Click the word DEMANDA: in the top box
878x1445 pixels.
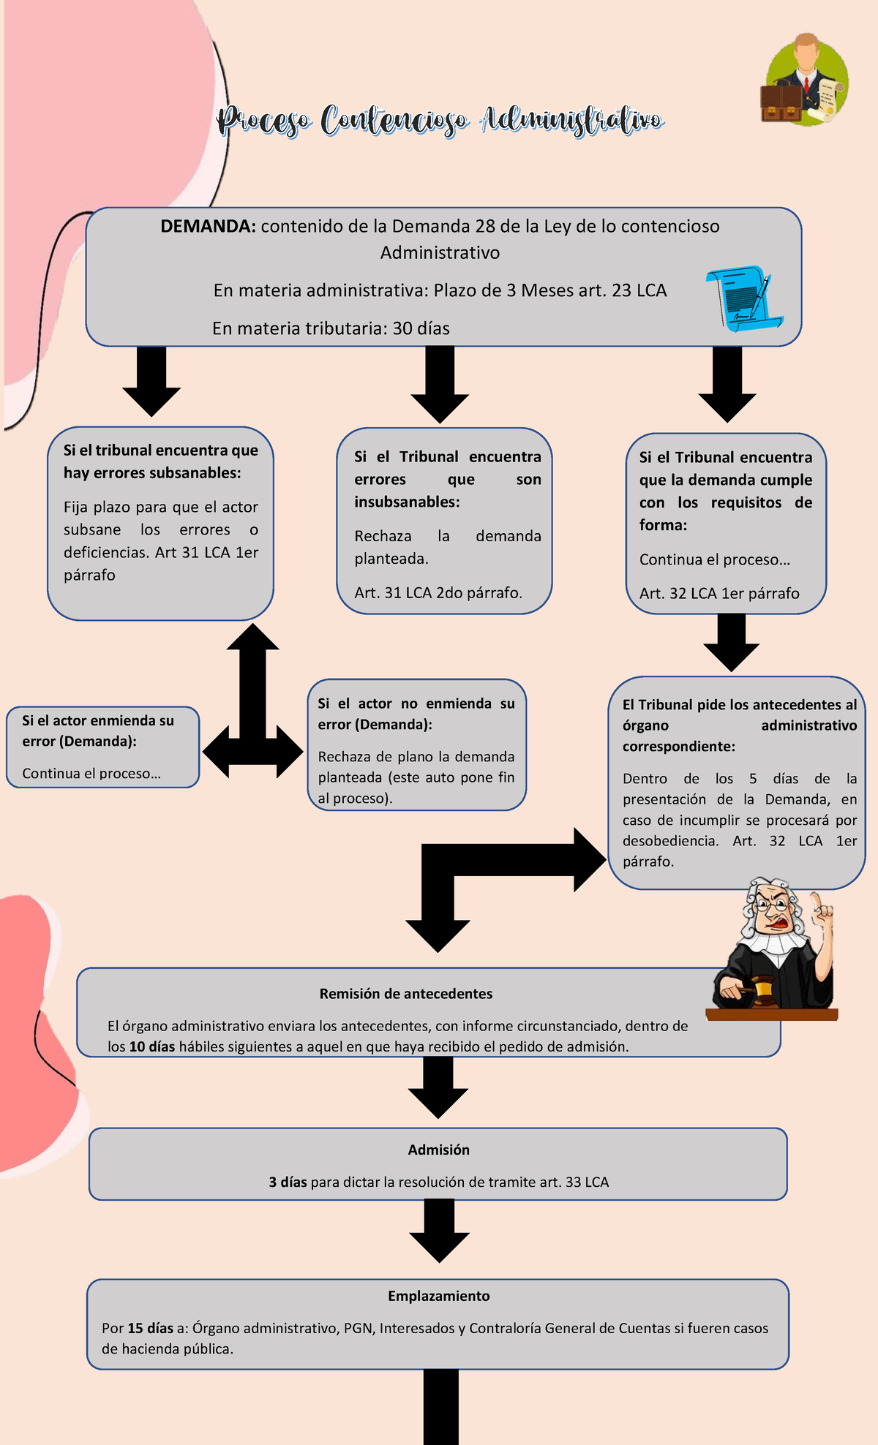(208, 226)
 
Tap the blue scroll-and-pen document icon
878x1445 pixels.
(744, 298)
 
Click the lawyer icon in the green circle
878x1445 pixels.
(806, 80)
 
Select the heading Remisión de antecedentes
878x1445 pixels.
(405, 994)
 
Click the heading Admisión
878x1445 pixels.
(438, 1150)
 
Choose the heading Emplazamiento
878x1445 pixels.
(438, 1296)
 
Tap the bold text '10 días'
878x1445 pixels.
(152, 1046)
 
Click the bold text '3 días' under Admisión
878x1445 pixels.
(288, 1182)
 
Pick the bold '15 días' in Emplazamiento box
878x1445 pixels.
(150, 1328)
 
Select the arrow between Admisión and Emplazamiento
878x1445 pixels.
(439, 1231)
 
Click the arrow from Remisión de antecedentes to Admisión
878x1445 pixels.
(438, 1087)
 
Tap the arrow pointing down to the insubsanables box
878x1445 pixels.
(440, 383)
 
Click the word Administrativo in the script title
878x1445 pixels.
(571, 120)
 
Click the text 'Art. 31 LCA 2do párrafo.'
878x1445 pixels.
(438, 592)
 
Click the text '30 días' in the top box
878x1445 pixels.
(421, 328)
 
